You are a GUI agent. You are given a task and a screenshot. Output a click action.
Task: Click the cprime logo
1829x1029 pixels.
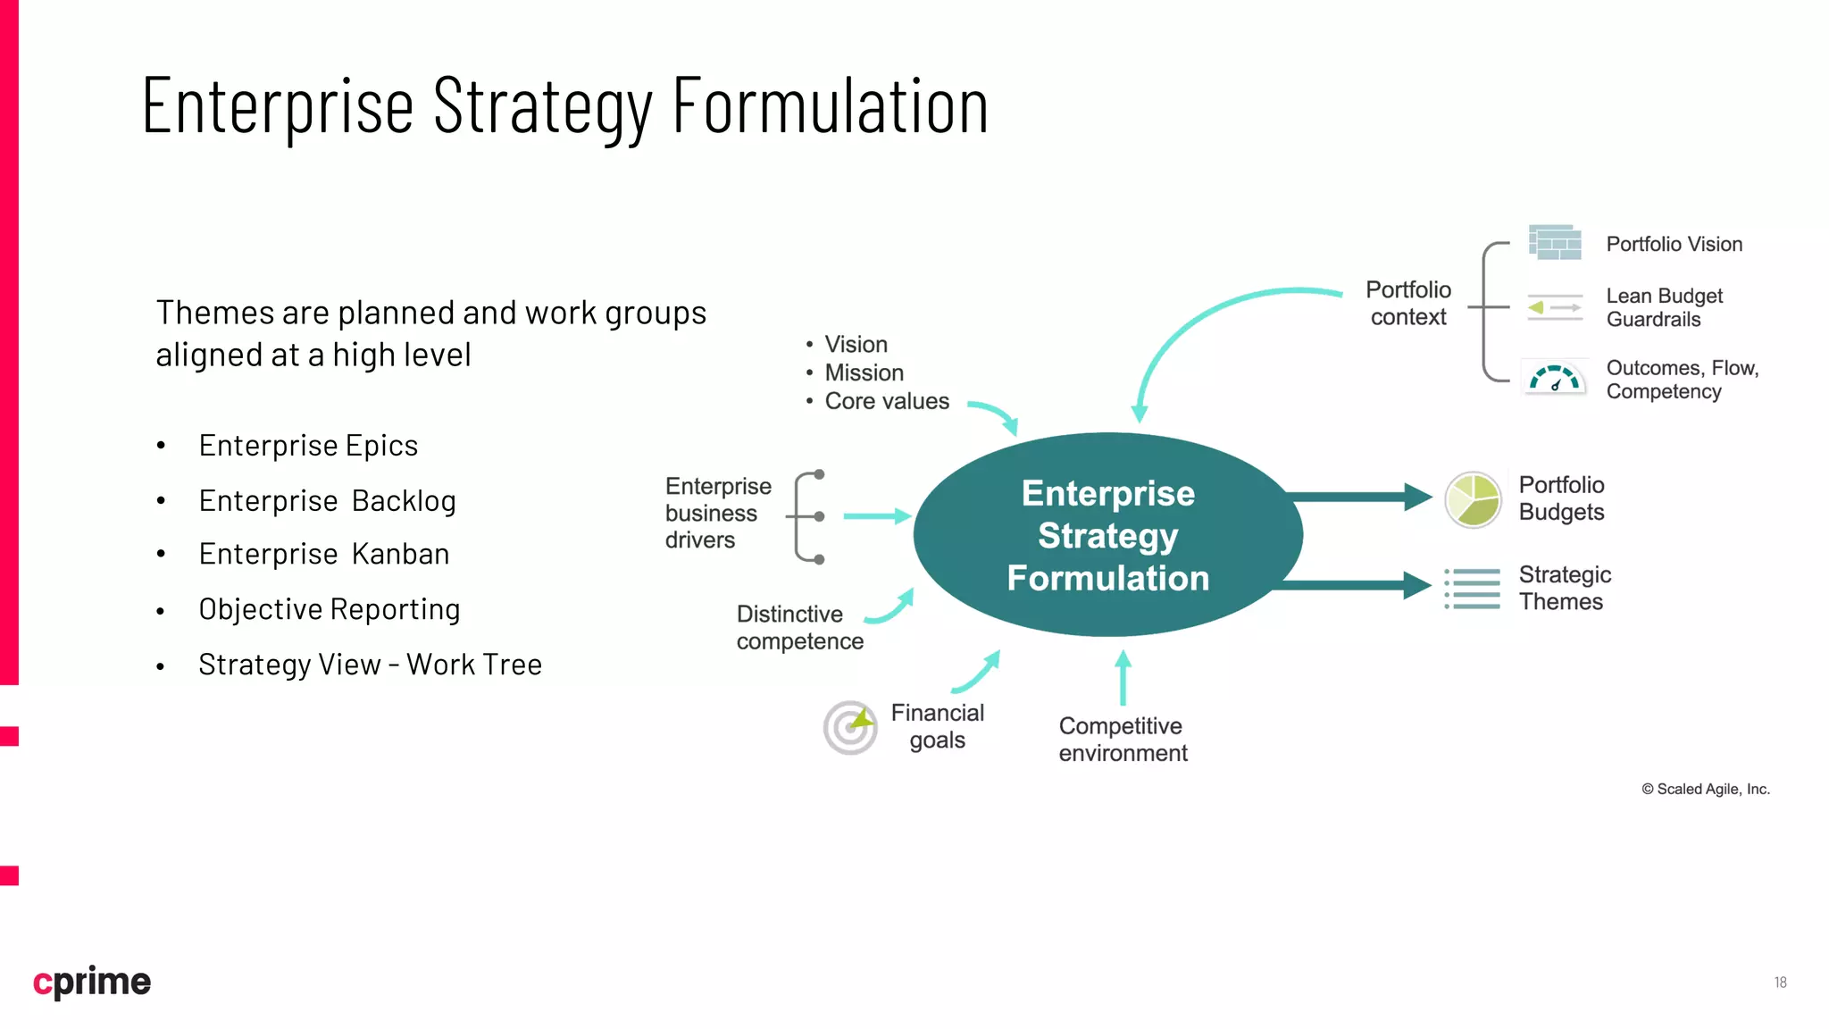click(x=92, y=982)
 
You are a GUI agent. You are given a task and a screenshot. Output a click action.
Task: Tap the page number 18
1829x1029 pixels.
click(x=1780, y=983)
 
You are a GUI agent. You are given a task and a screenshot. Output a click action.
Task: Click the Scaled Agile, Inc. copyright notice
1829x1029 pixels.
click(x=1706, y=789)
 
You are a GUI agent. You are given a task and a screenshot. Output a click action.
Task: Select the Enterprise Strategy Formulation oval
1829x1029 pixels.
click(x=1107, y=535)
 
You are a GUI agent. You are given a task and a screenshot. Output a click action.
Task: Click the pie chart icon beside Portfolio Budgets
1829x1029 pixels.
click(x=1473, y=500)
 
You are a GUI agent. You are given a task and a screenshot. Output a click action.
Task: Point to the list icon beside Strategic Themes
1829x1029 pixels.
click(x=1473, y=589)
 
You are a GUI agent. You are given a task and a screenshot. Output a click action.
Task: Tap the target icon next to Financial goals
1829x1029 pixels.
click(x=850, y=727)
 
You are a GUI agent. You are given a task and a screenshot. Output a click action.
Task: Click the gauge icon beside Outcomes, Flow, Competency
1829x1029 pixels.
click(x=1555, y=379)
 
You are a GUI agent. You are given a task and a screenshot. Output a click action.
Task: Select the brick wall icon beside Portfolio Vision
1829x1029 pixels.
click(x=1555, y=243)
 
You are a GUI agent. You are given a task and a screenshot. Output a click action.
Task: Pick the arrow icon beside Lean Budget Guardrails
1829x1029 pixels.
click(x=1555, y=307)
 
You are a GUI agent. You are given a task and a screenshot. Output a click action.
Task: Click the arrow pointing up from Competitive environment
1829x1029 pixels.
click(x=1123, y=678)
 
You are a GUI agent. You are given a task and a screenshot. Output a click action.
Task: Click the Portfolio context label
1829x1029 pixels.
click(x=1408, y=304)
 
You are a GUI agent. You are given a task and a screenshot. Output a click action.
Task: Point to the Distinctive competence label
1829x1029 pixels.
click(x=799, y=628)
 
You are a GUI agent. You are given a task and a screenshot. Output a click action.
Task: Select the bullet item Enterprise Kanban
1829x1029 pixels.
click(x=324, y=555)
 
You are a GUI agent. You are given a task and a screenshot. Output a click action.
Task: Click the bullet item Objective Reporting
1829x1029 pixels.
click(x=330, y=610)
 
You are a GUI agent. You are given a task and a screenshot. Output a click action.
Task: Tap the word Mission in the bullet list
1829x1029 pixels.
click(x=864, y=372)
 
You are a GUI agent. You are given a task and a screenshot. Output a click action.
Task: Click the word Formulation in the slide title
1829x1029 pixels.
click(x=830, y=106)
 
